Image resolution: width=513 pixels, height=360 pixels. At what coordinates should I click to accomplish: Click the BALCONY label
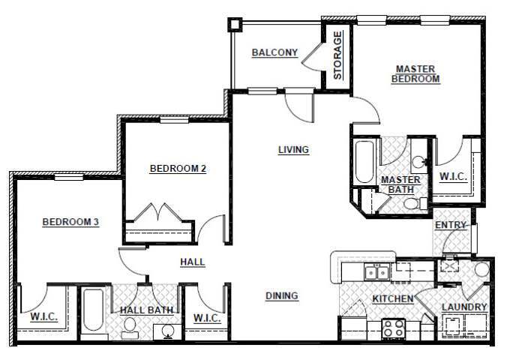274,52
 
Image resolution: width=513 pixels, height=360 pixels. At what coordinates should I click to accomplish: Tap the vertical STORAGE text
338,55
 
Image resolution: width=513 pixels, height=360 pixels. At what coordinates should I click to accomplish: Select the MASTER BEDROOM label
416,73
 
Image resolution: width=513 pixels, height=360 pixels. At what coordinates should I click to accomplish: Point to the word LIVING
293,150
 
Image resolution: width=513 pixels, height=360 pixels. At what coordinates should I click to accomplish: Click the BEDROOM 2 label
178,169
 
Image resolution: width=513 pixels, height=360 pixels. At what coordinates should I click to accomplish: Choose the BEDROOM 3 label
70,222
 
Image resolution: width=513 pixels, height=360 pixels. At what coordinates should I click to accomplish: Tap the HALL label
193,262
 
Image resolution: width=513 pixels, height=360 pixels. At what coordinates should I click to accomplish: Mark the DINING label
282,295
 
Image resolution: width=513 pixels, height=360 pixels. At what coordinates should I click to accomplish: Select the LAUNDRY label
464,307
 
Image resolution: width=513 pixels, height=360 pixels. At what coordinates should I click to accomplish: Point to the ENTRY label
451,225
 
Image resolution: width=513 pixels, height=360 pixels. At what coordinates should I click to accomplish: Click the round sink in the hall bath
166,331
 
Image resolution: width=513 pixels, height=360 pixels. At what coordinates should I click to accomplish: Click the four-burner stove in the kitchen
393,328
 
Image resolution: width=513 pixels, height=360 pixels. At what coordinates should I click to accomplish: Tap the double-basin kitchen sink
376,271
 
